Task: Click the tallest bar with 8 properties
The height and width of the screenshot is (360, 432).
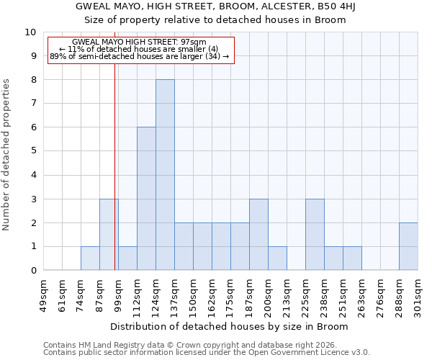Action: [x=165, y=175]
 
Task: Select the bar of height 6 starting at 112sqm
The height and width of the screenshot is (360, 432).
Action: [x=146, y=199]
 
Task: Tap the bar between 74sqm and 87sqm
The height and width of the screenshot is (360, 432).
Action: [x=90, y=258]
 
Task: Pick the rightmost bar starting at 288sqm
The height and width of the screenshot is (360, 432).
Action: [x=408, y=246]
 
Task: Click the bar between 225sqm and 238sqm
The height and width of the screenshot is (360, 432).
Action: [x=315, y=235]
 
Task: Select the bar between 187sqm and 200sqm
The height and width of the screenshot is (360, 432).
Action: [x=258, y=235]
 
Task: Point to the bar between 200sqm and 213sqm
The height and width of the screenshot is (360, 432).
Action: [x=277, y=258]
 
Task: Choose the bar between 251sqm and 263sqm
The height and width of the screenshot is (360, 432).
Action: [x=352, y=258]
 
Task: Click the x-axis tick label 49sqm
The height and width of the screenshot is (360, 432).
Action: [x=44, y=293]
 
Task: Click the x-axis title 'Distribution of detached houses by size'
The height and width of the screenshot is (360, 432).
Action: [x=230, y=326]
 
